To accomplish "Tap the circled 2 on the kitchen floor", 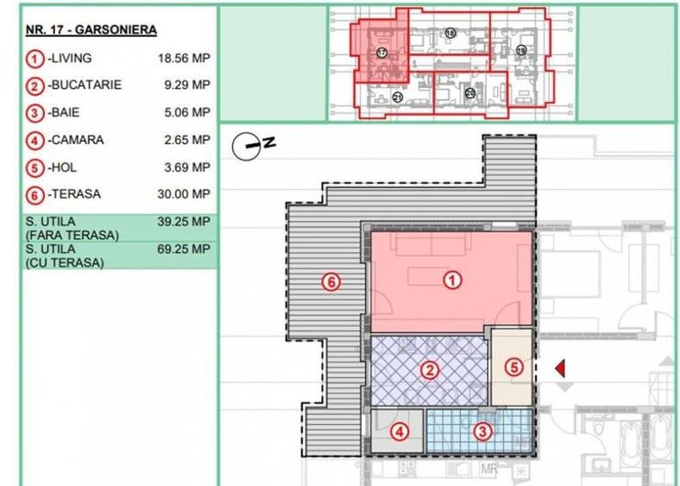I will [x=428, y=370].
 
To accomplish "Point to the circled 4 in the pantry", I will [x=400, y=431].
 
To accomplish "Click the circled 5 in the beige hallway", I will [x=513, y=366].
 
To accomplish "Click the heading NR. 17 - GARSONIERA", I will [x=91, y=30].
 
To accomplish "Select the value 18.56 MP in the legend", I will [x=184, y=58].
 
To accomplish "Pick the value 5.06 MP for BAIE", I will [x=186, y=112].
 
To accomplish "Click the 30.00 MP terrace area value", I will [x=184, y=194].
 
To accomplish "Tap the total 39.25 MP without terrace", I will [x=184, y=222].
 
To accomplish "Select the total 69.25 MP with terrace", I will [x=184, y=249].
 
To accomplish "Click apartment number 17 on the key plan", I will [x=381, y=53].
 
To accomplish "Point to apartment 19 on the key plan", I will [x=520, y=52].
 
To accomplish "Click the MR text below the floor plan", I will [x=490, y=470].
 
